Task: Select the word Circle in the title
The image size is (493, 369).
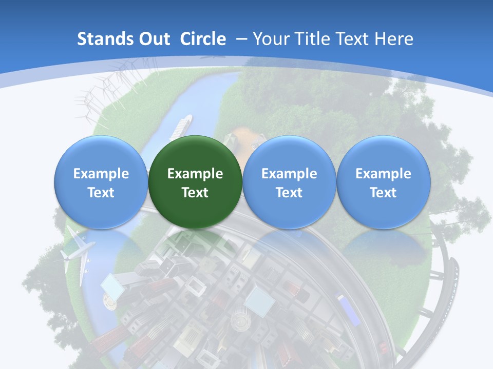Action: click(203, 39)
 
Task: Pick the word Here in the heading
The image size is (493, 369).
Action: click(393, 39)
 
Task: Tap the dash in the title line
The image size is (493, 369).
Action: click(241, 39)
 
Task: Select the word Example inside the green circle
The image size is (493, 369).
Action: click(195, 174)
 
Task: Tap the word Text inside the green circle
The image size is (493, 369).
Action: click(195, 193)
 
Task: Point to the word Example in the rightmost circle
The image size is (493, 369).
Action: click(383, 174)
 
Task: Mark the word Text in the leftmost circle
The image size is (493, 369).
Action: click(101, 193)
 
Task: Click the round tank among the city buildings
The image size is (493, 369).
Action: click(239, 322)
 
